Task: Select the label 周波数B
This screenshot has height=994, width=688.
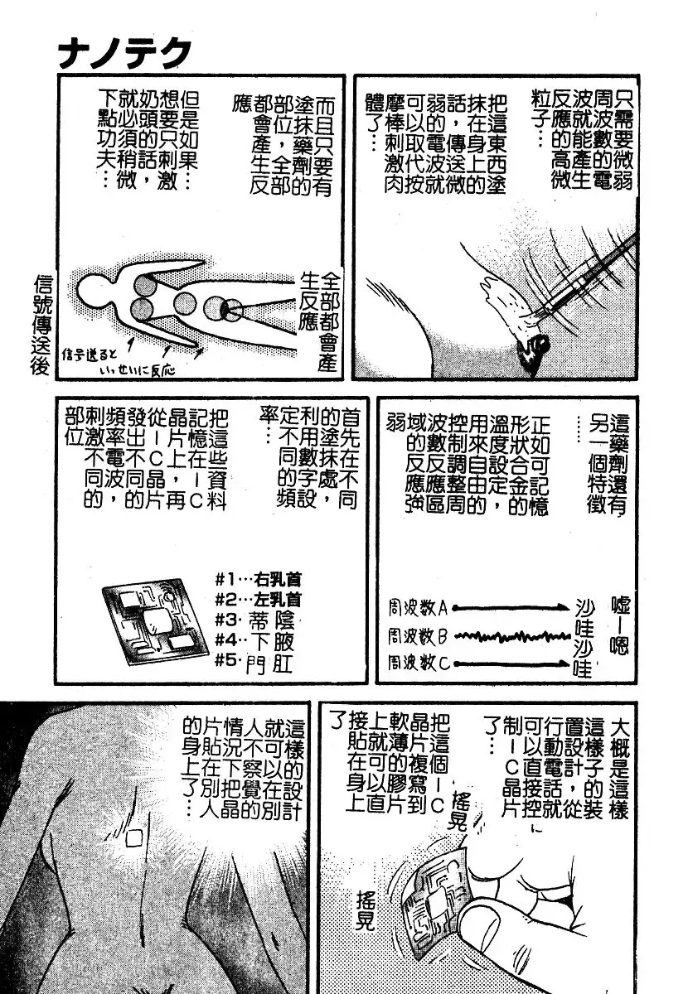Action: pos(418,637)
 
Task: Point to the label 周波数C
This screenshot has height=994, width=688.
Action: pos(418,663)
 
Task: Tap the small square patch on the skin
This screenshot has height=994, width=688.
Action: pos(133,838)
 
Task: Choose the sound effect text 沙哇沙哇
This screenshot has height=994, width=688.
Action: pos(584,639)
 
